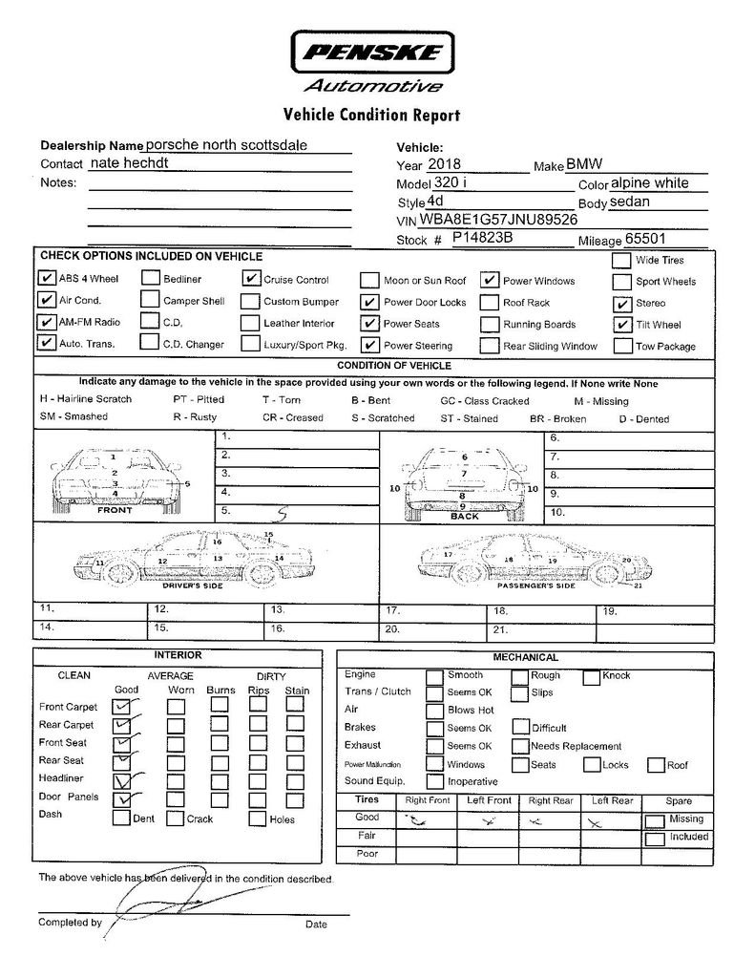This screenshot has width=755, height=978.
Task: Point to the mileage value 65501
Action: pyautogui.click(x=645, y=240)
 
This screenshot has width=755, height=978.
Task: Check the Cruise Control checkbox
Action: pyautogui.click(x=251, y=279)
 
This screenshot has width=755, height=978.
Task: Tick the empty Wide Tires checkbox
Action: pyautogui.click(x=620, y=260)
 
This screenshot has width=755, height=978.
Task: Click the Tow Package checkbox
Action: pyautogui.click(x=621, y=346)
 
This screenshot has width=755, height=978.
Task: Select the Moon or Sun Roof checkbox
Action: pyautogui.click(x=369, y=281)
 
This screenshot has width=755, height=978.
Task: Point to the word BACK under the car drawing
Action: pyautogui.click(x=465, y=517)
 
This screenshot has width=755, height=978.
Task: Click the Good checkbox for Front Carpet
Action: pyautogui.click(x=122, y=706)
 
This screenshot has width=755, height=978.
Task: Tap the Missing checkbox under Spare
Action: pyautogui.click(x=655, y=820)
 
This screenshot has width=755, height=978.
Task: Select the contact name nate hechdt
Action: pyautogui.click(x=136, y=163)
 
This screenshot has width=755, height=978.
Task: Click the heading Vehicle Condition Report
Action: pyautogui.click(x=371, y=116)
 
